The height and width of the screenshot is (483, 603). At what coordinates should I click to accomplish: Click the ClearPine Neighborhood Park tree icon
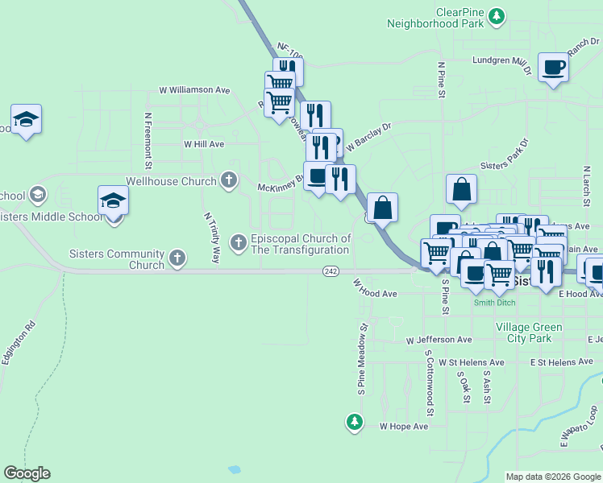[497, 14]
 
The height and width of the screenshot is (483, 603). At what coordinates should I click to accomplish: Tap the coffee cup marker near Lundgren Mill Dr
[554, 68]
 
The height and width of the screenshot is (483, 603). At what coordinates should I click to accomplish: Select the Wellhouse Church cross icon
[230, 180]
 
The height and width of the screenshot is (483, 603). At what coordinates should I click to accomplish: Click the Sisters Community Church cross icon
[177, 258]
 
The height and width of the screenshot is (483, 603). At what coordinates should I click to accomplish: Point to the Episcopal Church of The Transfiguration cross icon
[238, 242]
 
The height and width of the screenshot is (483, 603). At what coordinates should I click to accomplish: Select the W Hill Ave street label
[203, 144]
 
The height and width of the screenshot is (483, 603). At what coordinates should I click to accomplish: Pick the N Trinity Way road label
[211, 238]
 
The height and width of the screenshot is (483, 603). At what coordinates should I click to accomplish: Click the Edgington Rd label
[19, 344]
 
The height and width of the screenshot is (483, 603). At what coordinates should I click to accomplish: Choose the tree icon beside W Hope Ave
[354, 420]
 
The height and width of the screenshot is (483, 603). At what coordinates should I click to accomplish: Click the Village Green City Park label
[524, 332]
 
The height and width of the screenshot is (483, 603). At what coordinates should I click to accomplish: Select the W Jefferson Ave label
[439, 341]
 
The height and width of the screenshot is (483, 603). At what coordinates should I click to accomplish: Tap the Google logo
[27, 473]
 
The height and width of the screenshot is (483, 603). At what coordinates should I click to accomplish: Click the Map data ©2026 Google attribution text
[552, 477]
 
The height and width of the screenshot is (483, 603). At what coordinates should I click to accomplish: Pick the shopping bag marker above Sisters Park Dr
[461, 190]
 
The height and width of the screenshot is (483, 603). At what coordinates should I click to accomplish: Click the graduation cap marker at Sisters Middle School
[113, 200]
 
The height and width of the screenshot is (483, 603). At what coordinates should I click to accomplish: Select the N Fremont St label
[148, 140]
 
